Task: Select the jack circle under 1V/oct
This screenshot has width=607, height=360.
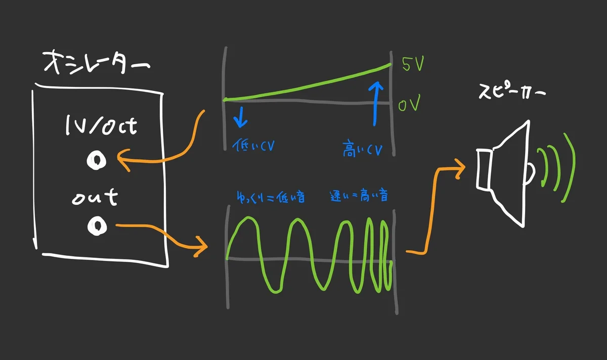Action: (x=95, y=160)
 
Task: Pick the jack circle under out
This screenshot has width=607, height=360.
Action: (x=95, y=226)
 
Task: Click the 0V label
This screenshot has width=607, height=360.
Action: (x=410, y=106)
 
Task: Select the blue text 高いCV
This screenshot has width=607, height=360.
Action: (x=362, y=150)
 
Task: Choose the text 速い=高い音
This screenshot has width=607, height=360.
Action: (x=359, y=196)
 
